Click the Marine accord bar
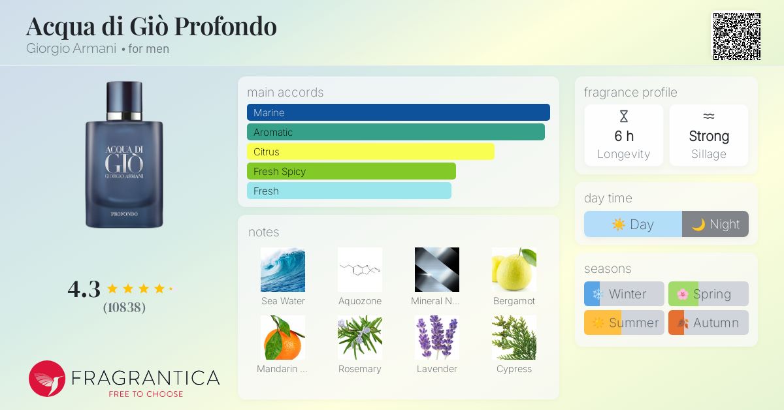pos(398,112)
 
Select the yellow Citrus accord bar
pos(370,151)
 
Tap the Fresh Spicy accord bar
pos(351,171)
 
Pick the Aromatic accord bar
pos(395,132)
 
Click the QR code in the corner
pos(736,37)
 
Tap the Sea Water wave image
pos(283,270)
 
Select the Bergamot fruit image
pos(514,270)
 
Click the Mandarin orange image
pos(283,338)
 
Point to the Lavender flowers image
pos(437,338)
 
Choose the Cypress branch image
pos(514,338)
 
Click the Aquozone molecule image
pos(360,270)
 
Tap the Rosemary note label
pos(359,369)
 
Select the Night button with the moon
pos(715,224)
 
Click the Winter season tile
pos(624,294)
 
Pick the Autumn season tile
pos(708,323)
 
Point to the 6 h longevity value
pos(624,136)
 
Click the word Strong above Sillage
pos(709,136)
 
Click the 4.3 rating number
pos(84,289)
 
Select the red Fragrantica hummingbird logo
pos(47,379)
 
